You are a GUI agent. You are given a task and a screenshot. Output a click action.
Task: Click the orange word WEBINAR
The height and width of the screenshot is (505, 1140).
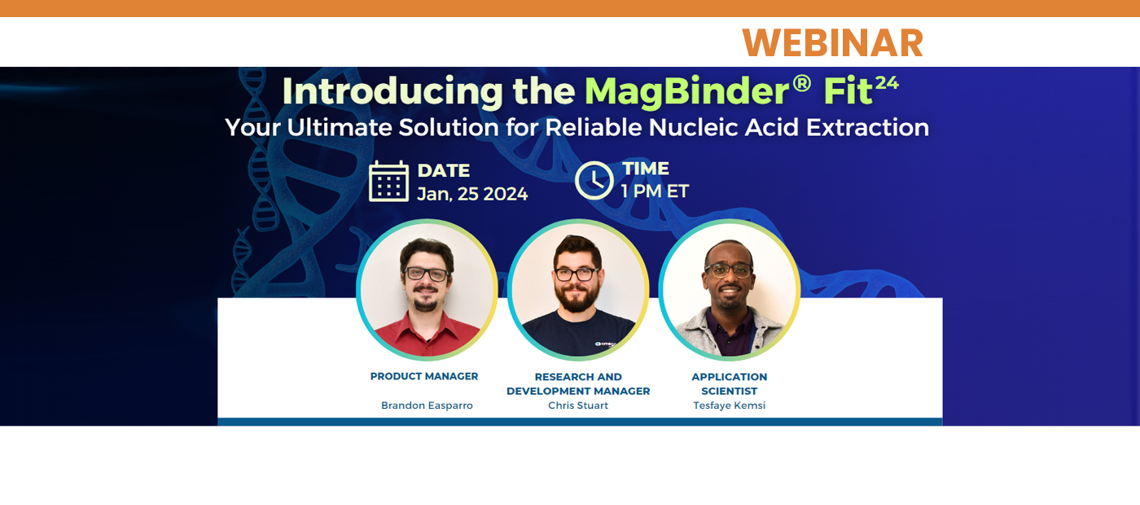[832, 42]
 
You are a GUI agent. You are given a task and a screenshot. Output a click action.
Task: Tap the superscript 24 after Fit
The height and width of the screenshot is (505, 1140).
[886, 82]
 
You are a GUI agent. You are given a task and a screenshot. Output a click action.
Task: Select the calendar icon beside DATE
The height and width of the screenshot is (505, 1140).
[388, 181]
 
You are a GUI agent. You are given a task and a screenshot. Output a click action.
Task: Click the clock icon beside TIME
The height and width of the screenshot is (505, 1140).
[594, 180]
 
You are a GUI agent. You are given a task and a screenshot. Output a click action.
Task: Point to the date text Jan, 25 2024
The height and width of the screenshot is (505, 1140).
[472, 194]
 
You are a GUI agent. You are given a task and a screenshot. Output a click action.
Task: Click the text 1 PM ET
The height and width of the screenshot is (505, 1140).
[655, 191]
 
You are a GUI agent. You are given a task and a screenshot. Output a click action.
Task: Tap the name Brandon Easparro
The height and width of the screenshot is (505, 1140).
[427, 406]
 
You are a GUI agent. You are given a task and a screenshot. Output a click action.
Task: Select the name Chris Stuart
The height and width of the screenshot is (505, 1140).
[578, 406]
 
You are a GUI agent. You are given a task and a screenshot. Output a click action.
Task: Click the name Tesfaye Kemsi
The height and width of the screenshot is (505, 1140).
[729, 406]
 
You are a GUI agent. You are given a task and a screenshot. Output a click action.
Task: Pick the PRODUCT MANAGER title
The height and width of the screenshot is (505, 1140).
[424, 376]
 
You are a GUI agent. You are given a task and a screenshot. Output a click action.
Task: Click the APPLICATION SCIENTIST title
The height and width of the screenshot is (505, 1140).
[729, 384]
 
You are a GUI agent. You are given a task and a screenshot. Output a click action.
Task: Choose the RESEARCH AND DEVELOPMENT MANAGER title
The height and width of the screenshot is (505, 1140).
[578, 384]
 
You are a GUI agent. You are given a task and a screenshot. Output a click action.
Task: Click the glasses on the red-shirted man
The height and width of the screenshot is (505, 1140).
[427, 274]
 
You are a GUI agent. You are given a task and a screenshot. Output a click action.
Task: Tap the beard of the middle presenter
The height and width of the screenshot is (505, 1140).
[578, 299]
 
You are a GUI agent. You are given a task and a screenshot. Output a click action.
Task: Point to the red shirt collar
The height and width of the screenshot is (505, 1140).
[427, 324]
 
